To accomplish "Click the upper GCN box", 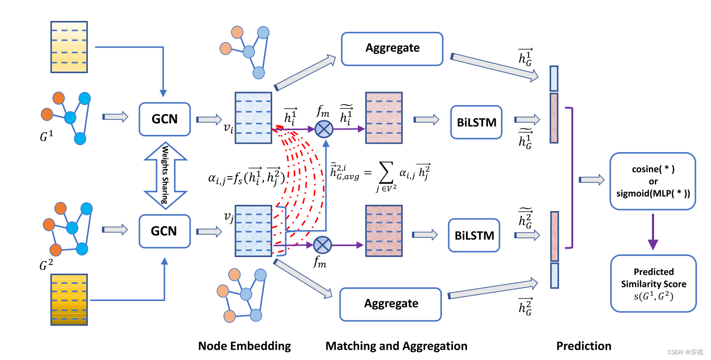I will pos(164,119).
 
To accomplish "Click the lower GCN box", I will pos(164,231).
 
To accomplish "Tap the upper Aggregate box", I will pos(392,48).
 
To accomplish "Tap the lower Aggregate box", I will pos(391,304).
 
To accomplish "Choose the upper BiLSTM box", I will pos(475,122).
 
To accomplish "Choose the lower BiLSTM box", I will pos(474,235).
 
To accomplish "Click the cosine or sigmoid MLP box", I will pos(653,181).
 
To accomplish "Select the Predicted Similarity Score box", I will pos(653,284).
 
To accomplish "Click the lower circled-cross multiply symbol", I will pos(322,243).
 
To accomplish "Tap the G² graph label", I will pos(46,265).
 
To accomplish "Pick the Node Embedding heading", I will pos(244,346).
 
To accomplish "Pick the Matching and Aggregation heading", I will pos(396,346).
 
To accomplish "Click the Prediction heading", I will pos(584,346).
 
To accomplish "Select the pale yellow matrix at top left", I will pos(69,47).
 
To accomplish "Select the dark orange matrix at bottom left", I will pos(69,300).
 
